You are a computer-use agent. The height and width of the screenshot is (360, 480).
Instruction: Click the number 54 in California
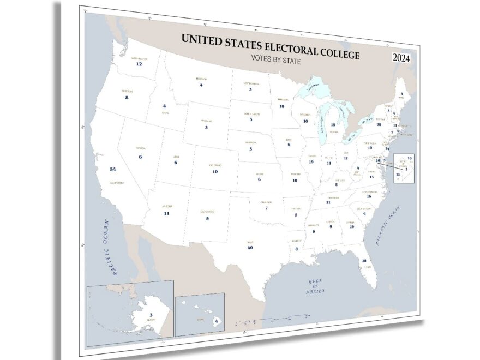[x=113, y=169]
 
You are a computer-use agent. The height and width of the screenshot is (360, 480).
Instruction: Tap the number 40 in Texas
[x=250, y=248]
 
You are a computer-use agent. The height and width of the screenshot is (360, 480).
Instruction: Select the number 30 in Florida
[x=364, y=261]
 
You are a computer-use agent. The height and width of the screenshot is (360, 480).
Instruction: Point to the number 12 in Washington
[x=139, y=64]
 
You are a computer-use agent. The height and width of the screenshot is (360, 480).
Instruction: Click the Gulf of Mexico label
[x=316, y=286]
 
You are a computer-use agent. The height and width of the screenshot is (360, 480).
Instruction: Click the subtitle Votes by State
[x=275, y=60]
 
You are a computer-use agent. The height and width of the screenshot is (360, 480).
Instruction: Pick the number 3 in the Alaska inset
[x=151, y=315]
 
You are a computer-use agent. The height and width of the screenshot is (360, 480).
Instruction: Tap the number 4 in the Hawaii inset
[x=217, y=322]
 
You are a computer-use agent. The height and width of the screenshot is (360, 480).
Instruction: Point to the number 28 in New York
[x=378, y=124]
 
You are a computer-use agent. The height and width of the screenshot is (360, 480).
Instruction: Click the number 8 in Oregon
[x=127, y=98]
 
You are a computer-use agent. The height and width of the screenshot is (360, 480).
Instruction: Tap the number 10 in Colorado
[x=215, y=172]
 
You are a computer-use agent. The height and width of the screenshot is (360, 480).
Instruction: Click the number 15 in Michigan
[x=333, y=125]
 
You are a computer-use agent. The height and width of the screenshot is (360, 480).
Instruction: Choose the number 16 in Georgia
[x=352, y=226]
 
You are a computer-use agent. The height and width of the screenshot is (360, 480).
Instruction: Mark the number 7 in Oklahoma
[x=266, y=208]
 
